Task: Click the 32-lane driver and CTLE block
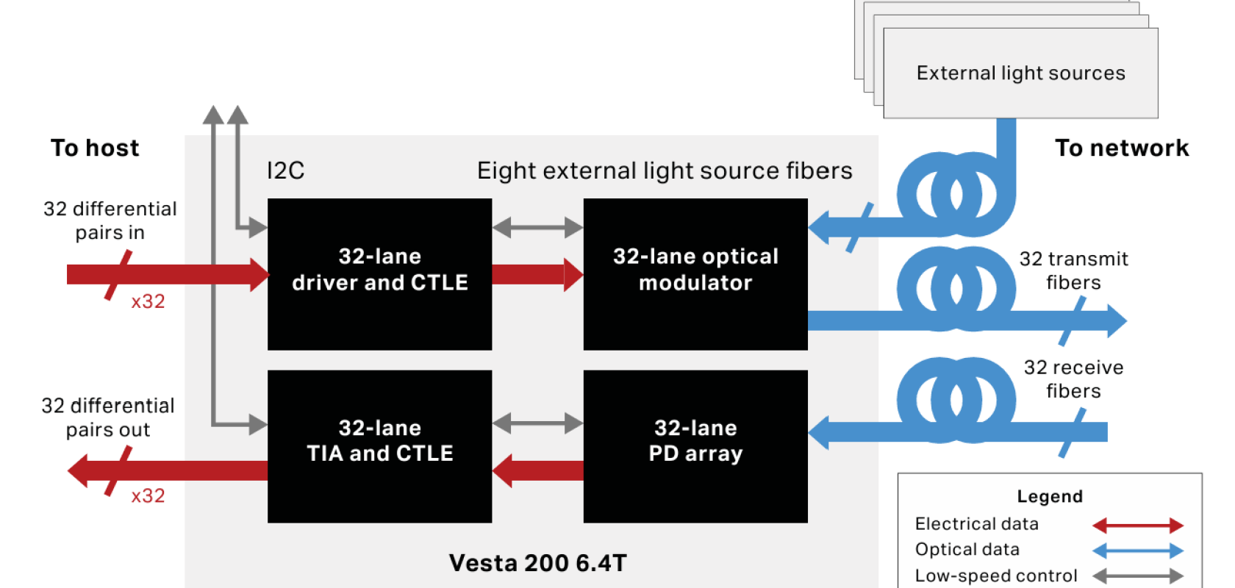[x=379, y=273]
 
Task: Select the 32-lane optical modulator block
[x=695, y=273]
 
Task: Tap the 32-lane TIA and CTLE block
[x=379, y=445]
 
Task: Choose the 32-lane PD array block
[x=695, y=445]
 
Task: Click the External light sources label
[x=1020, y=73]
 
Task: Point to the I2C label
[x=285, y=171]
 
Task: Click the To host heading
[x=95, y=148]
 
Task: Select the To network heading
[x=1122, y=148]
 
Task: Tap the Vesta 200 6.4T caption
[x=537, y=563]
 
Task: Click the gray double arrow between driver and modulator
[x=537, y=228]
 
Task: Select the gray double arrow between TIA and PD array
[x=537, y=423]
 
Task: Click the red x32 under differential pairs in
[x=148, y=301]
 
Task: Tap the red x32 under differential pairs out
[x=148, y=496]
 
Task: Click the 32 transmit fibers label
[x=1073, y=270]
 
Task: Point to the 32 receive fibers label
[x=1073, y=379]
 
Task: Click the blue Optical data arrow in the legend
[x=1137, y=551]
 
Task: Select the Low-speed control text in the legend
[x=995, y=576]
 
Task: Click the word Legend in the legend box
[x=1049, y=497]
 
